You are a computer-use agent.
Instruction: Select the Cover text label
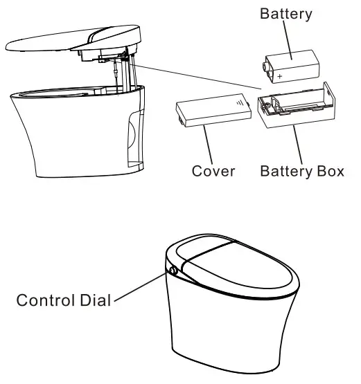[213, 171]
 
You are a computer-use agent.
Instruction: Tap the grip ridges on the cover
[240, 103]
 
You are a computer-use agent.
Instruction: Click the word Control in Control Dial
[46, 300]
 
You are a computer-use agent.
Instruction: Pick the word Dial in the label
[95, 300]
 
